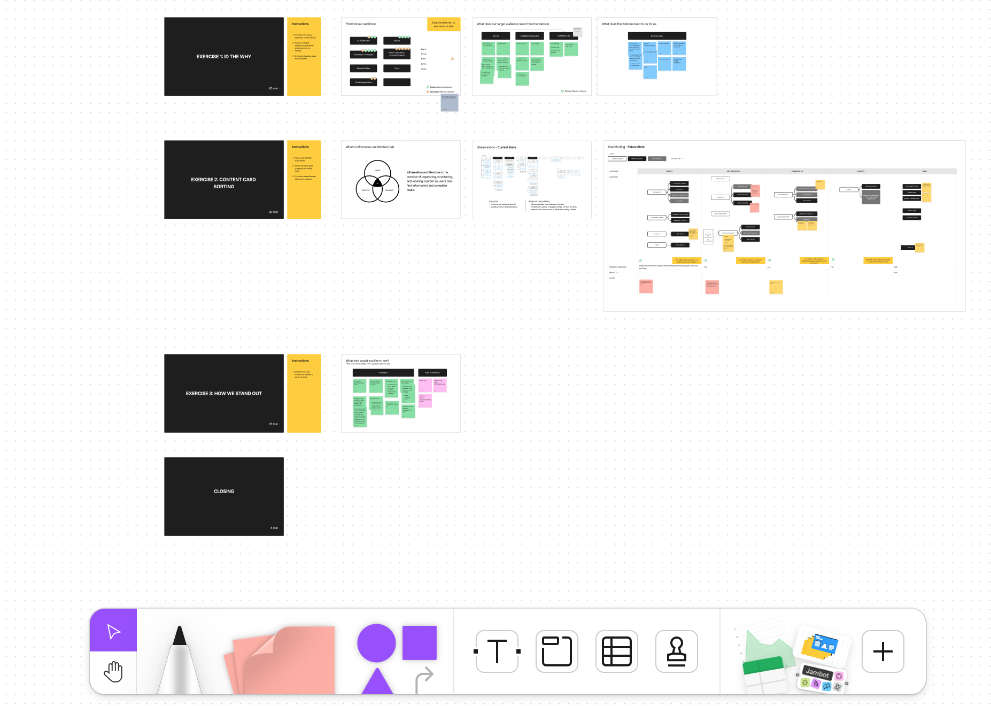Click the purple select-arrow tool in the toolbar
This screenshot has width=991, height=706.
tap(113, 631)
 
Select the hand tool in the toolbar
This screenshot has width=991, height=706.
tap(113, 672)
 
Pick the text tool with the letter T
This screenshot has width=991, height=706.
tap(497, 651)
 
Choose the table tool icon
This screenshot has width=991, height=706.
tap(617, 651)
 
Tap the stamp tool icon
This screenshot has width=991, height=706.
tap(677, 651)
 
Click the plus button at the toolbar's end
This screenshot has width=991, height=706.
tap(882, 651)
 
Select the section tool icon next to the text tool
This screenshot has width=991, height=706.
tap(557, 651)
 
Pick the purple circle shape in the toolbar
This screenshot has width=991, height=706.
tap(376, 643)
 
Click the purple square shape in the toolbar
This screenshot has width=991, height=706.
tap(420, 642)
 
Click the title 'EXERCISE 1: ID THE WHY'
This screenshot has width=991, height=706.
tap(223, 57)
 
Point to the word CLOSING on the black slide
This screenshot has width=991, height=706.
tap(224, 492)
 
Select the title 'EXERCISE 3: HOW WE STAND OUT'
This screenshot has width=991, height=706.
tap(224, 394)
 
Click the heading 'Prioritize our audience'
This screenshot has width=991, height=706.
tap(360, 24)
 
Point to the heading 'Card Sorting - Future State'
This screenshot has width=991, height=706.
tap(626, 147)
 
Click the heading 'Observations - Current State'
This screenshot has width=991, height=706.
tap(496, 147)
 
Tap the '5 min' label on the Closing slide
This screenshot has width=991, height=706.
tap(274, 528)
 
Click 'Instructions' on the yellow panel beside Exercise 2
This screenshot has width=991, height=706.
tap(300, 147)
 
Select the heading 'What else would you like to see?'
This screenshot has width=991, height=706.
tap(367, 361)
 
